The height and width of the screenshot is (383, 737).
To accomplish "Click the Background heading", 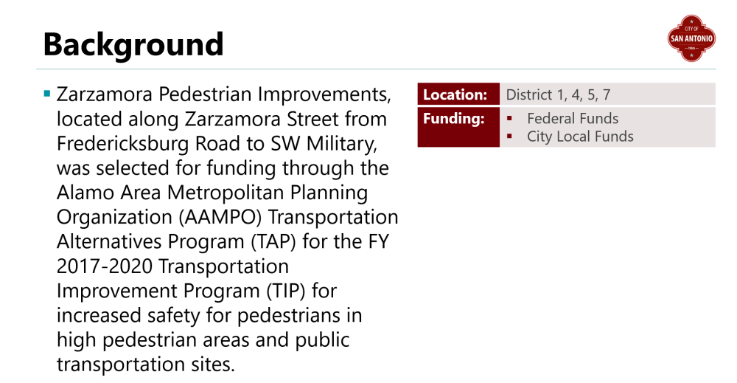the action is (x=133, y=44).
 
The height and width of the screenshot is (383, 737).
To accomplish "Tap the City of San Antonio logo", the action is (x=691, y=38).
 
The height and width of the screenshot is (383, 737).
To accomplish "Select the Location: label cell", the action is (x=458, y=94).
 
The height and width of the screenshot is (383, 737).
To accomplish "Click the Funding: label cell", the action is (x=458, y=127).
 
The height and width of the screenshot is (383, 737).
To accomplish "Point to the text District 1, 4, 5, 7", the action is (x=558, y=94).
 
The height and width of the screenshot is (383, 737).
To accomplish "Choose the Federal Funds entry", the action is (x=573, y=119).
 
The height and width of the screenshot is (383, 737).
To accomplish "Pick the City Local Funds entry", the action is (x=580, y=137).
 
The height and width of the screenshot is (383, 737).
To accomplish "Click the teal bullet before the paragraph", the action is (x=46, y=93).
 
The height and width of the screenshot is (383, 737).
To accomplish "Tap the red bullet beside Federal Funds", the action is (x=509, y=119).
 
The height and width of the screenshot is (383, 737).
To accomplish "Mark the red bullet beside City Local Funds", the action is (x=509, y=137).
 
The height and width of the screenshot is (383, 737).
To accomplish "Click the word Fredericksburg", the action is (x=122, y=143).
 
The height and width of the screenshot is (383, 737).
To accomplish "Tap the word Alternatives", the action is (x=109, y=241).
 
